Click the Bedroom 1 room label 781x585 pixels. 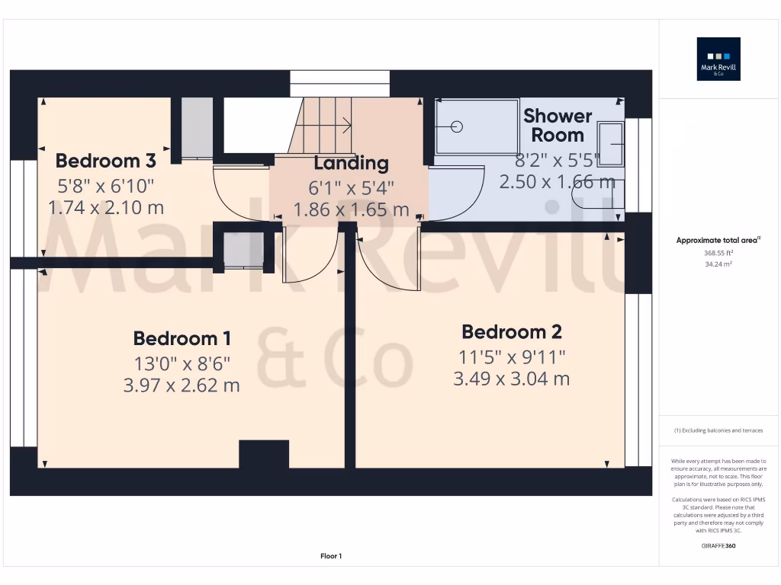pos(182,338)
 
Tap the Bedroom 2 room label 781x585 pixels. pos(512,332)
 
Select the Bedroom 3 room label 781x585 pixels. pos(105,161)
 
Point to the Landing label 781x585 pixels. pos(351,163)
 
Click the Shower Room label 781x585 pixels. pos(558,126)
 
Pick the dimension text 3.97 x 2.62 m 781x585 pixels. pos(182,385)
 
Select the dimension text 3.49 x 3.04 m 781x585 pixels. pos(512,379)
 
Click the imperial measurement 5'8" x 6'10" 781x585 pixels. pos(105,184)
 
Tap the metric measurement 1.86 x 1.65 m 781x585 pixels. pos(351,209)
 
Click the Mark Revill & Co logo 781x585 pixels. pos(718,59)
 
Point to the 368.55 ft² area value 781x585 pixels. pos(718,252)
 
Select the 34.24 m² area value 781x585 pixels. pos(718,264)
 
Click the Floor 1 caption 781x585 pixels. pos(331,556)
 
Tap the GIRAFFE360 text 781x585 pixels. pos(718,545)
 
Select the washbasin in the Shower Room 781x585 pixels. pos(611,144)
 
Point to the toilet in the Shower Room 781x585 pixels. pos(599,195)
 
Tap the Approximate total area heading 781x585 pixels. pos(718,240)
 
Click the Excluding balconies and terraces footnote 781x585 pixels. pos(718,430)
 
